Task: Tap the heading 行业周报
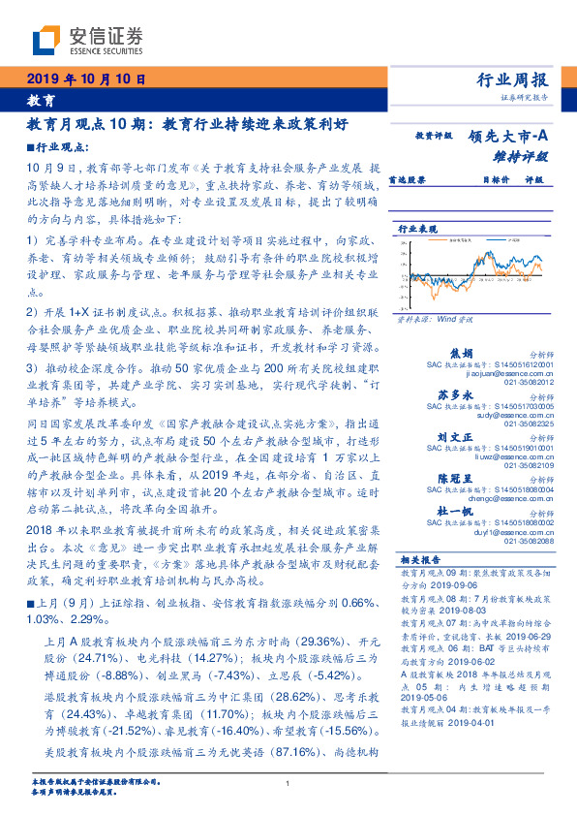pyautogui.click(x=513, y=79)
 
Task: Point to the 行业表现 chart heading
pyautogui.click(x=418, y=228)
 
